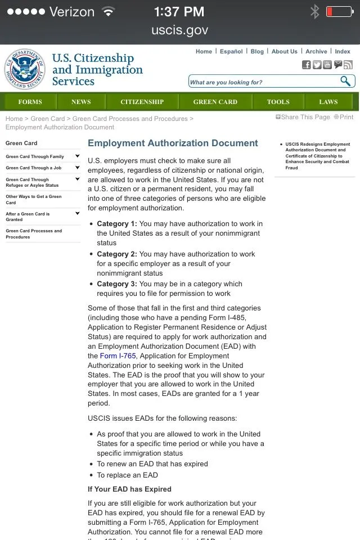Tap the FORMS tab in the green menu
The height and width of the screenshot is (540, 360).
pyautogui.click(x=30, y=102)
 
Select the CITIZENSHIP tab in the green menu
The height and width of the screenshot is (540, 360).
pyautogui.click(x=142, y=102)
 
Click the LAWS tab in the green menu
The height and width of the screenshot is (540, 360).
pyautogui.click(x=328, y=102)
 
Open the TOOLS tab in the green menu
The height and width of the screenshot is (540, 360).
pyautogui.click(x=278, y=102)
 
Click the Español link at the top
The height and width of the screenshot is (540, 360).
pyautogui.click(x=231, y=51)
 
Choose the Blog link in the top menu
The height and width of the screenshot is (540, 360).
pyautogui.click(x=257, y=51)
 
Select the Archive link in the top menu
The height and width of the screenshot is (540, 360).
pyautogui.click(x=316, y=51)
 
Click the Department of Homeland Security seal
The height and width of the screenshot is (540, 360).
pyautogui.click(x=25, y=69)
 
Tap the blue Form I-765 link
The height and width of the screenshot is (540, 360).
pyautogui.click(x=118, y=356)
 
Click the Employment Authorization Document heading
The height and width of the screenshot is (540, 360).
pyautogui.click(x=173, y=143)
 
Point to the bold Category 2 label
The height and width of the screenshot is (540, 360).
pyautogui.click(x=116, y=254)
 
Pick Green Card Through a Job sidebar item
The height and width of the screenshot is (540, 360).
pyautogui.click(x=34, y=168)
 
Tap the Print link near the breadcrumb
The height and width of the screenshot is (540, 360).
pyautogui.click(x=344, y=117)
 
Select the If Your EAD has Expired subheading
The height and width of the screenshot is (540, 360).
pyautogui.click(x=129, y=489)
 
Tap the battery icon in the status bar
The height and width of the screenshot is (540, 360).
pyautogui.click(x=339, y=12)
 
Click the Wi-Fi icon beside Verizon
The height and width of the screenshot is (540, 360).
pyautogui.click(x=107, y=11)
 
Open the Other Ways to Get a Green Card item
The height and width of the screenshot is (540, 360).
pyautogui.click(x=34, y=200)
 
